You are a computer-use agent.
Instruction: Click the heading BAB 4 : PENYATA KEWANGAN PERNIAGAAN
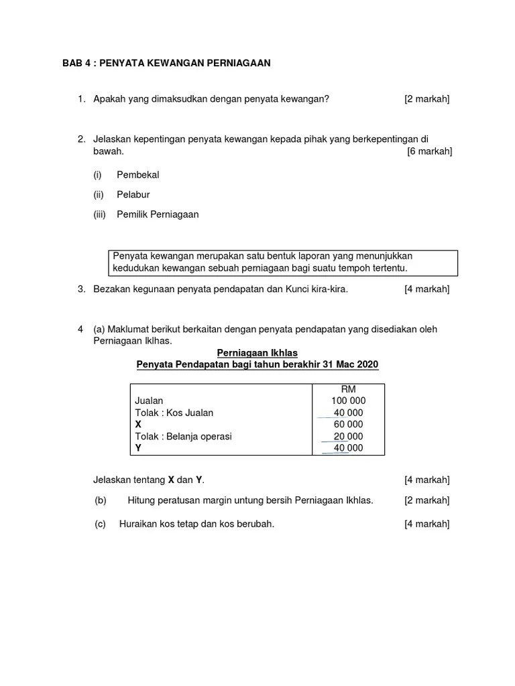[x=166, y=63]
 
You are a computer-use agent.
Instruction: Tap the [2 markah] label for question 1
[x=426, y=99]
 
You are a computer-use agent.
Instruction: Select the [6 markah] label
[x=429, y=151]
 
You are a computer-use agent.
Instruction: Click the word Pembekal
[x=138, y=175]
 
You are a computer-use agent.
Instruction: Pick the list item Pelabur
[x=133, y=195]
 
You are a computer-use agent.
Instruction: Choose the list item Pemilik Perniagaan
[x=158, y=215]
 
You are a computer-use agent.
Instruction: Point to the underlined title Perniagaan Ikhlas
[x=257, y=352]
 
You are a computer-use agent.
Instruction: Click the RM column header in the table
[x=348, y=389]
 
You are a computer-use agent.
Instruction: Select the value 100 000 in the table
[x=348, y=401]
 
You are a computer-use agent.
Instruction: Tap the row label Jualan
[x=149, y=401]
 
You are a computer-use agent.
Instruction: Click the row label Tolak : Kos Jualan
[x=174, y=413]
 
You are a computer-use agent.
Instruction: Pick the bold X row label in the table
[x=138, y=424]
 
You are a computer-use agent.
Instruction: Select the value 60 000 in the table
[x=348, y=424]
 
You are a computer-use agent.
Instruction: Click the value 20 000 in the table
[x=348, y=436]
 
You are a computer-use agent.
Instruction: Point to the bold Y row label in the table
[x=138, y=448]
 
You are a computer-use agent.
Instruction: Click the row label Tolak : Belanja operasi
[x=183, y=436]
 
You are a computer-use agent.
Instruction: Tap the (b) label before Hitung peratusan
[x=101, y=500]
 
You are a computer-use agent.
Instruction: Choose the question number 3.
[x=81, y=289]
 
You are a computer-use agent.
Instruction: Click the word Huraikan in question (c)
[x=138, y=524]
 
